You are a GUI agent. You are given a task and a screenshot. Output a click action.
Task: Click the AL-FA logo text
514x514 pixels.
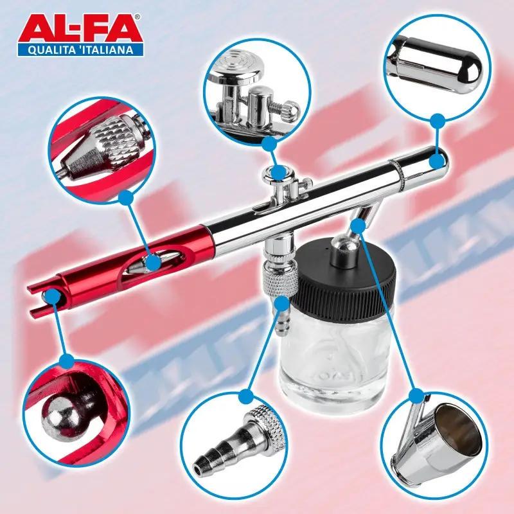(79, 29)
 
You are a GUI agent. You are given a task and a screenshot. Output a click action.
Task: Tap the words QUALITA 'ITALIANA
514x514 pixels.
(81, 50)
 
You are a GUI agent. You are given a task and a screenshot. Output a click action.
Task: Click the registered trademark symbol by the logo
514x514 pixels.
(138, 17)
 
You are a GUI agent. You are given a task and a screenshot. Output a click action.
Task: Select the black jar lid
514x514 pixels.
(344, 276)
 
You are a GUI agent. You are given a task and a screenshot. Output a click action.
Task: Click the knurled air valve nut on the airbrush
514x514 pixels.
(279, 280)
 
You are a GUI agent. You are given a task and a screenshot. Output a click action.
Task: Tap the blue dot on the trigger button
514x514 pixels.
(279, 173)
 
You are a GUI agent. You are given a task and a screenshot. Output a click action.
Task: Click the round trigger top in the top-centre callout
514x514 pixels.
(236, 66)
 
